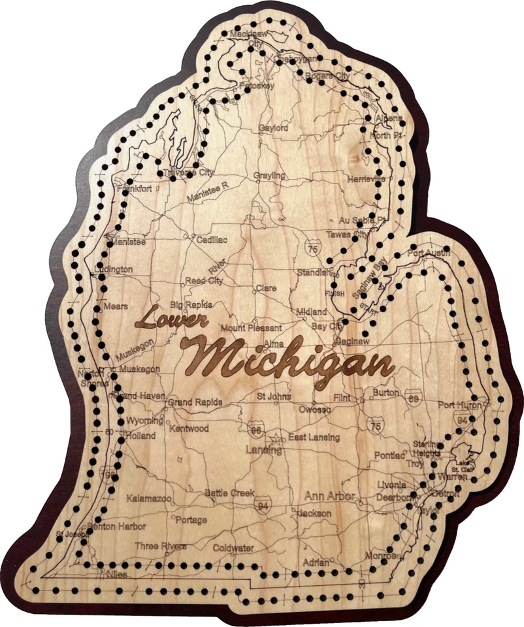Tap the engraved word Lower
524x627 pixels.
(171, 319)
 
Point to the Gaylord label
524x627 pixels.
(273, 129)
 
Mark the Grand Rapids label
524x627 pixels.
(195, 402)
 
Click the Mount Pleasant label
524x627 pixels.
(252, 328)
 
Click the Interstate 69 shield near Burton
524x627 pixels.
(412, 398)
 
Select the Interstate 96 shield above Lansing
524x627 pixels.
(256, 430)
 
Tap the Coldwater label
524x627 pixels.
(233, 549)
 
